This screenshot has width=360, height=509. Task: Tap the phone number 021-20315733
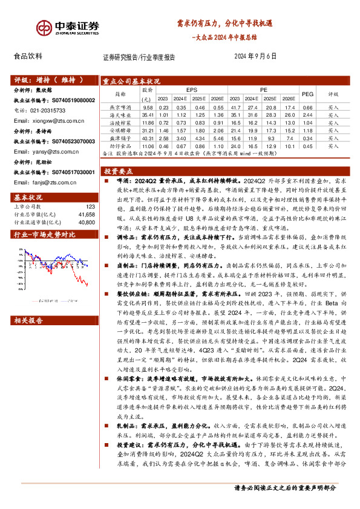[x=41, y=110]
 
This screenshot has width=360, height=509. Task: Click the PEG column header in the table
[x=307, y=94]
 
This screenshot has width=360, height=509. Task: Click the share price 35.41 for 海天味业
[x=147, y=114]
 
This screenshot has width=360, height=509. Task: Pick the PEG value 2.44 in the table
[x=307, y=114]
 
